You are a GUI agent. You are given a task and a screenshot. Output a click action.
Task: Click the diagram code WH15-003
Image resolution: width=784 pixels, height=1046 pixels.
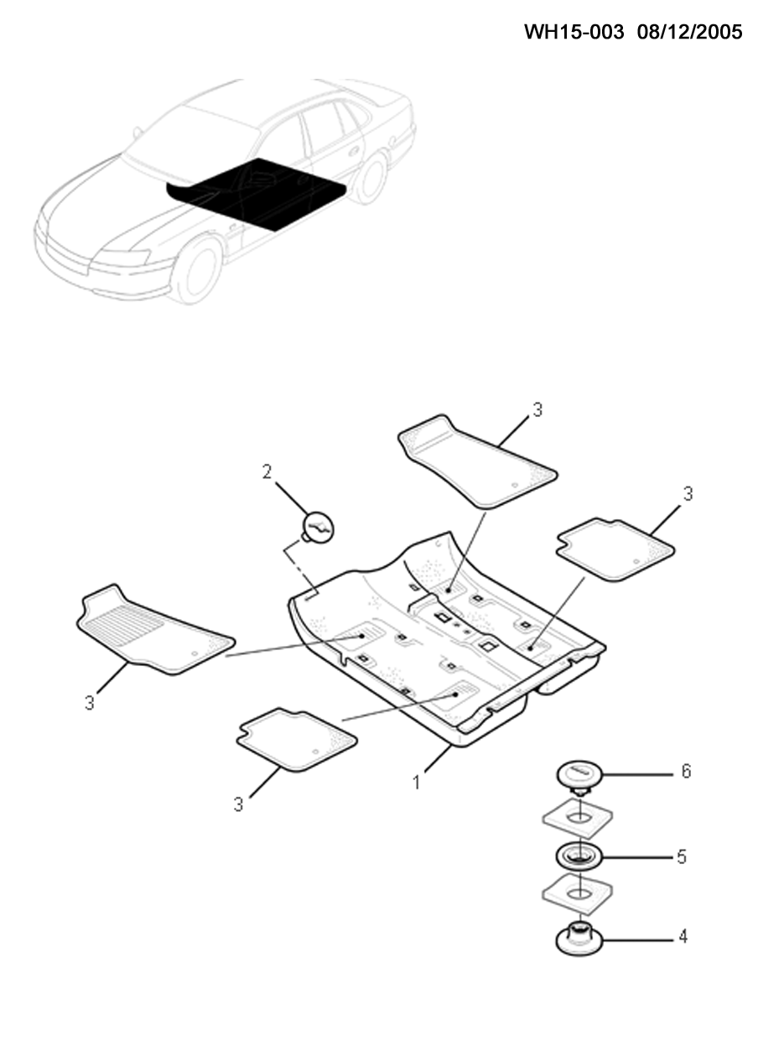pyautogui.click(x=574, y=32)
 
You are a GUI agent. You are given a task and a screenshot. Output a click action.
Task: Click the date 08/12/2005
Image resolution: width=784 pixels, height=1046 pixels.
pyautogui.click(x=689, y=32)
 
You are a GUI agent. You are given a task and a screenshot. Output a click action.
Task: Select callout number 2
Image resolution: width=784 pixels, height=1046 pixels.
pyautogui.click(x=267, y=471)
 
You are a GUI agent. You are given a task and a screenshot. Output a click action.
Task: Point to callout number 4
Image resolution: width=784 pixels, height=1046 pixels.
pyautogui.click(x=683, y=937)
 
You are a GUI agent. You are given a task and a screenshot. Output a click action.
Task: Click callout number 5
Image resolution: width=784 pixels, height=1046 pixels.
pyautogui.click(x=682, y=857)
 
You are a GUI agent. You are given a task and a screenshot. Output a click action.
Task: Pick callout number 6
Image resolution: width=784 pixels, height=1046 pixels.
pyautogui.click(x=685, y=771)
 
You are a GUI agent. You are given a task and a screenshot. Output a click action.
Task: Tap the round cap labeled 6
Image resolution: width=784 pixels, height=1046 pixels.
pyautogui.click(x=579, y=775)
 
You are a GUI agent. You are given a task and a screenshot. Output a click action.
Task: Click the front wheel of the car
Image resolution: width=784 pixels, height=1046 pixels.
pyautogui.click(x=196, y=271)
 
